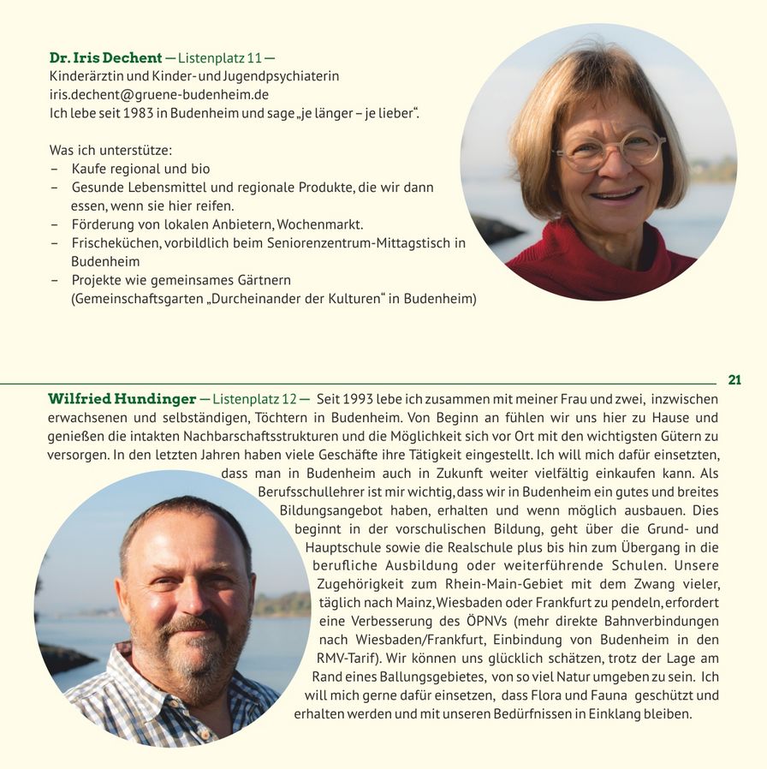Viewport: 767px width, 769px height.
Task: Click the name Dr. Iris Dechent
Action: click(105, 58)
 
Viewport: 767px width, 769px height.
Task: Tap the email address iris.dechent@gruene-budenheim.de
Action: click(158, 95)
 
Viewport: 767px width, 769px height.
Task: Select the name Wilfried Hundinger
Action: click(121, 399)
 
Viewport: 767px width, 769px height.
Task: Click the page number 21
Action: click(734, 379)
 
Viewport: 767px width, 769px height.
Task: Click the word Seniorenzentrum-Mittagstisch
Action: click(361, 243)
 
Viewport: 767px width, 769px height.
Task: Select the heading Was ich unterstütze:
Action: click(110, 151)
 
